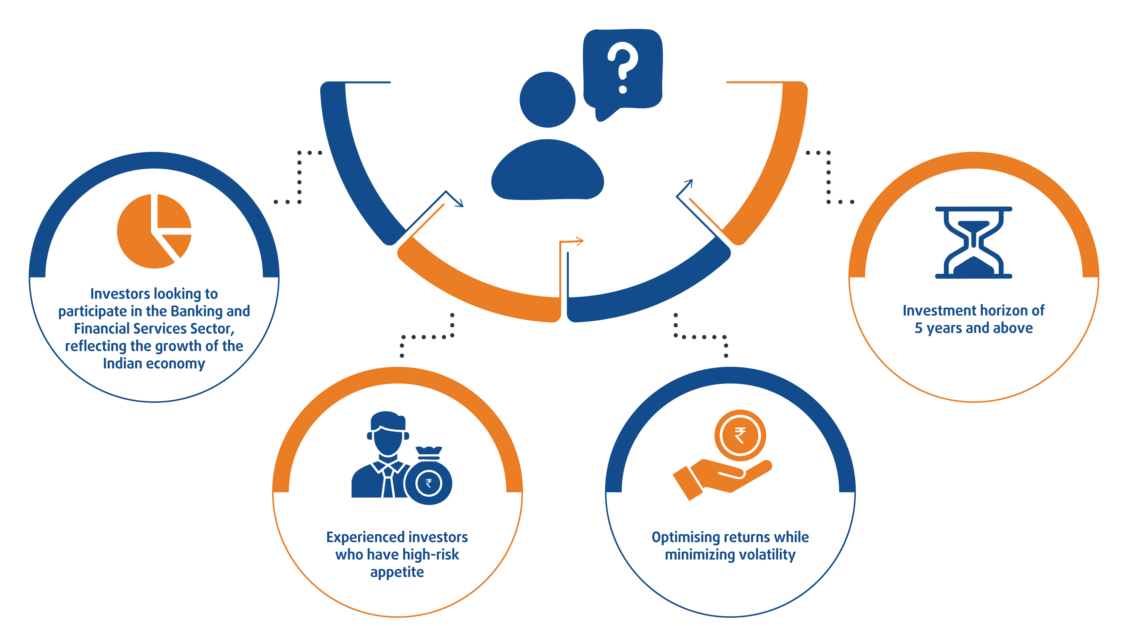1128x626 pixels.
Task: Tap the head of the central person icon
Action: (547, 100)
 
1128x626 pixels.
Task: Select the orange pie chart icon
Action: (154, 231)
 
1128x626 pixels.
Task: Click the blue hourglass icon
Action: (973, 243)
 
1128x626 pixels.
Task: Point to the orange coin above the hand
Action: (740, 436)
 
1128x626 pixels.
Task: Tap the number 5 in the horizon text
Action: (919, 328)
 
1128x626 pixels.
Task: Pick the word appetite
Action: (397, 572)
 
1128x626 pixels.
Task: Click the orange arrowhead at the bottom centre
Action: (579, 241)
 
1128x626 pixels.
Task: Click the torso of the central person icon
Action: (547, 171)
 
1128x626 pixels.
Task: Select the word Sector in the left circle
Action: (211, 328)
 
